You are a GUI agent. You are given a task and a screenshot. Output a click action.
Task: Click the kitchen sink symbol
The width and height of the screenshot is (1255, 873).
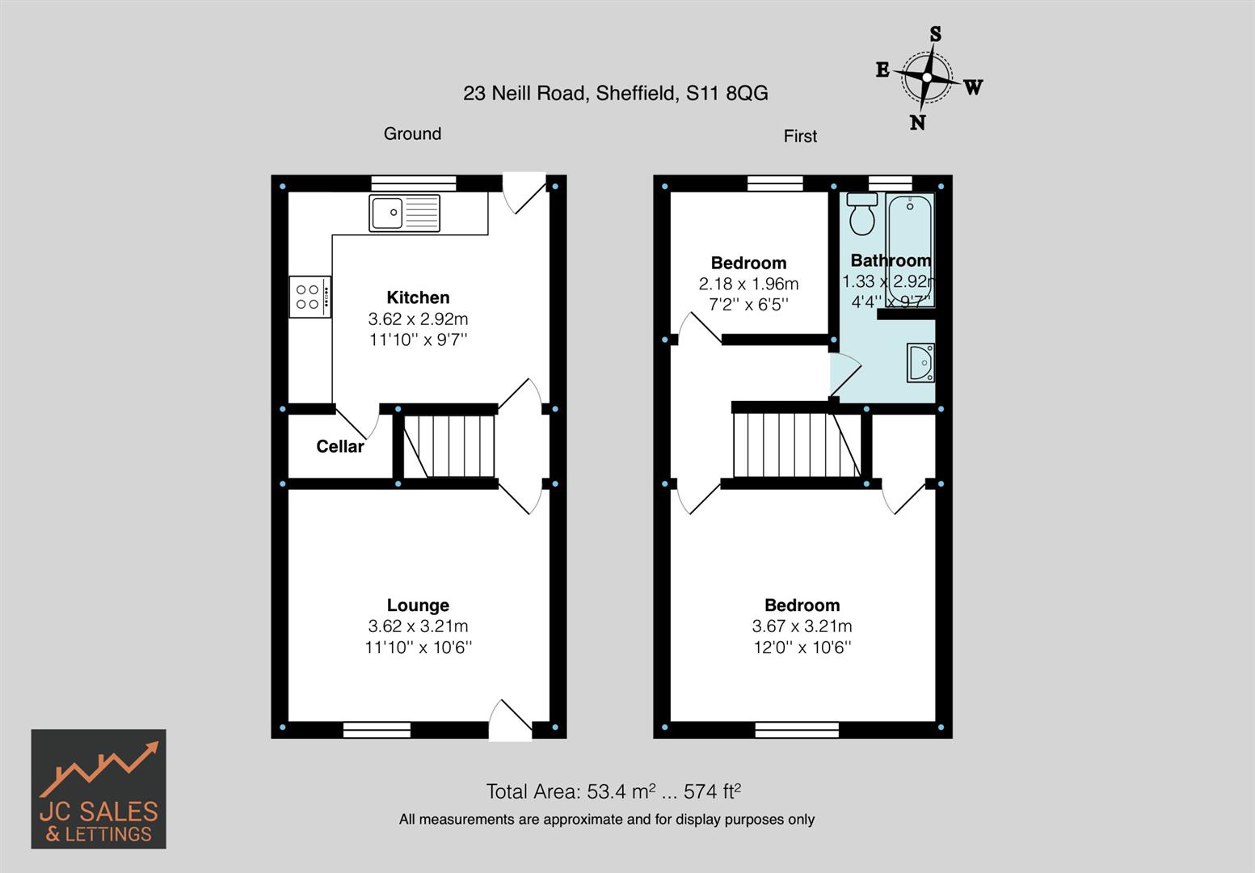(404, 213)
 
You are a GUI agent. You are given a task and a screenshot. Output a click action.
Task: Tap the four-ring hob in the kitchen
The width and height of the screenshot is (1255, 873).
(310, 297)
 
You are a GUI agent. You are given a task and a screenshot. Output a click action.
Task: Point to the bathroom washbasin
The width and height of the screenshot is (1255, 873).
(920, 362)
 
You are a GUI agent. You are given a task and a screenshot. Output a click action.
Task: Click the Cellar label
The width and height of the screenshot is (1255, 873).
(339, 446)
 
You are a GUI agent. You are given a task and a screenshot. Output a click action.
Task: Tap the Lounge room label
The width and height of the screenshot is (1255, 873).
(418, 605)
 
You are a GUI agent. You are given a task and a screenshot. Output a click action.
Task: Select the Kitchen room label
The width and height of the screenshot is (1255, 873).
(418, 297)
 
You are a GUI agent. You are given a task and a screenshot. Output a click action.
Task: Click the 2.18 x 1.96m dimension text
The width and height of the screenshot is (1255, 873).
(748, 284)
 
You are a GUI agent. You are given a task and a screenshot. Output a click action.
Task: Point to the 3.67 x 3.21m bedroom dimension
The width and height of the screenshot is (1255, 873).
(802, 626)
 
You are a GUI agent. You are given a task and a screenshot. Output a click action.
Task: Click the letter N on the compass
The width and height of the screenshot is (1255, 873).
(917, 123)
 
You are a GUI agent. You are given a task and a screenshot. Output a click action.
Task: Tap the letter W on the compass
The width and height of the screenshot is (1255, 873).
(973, 87)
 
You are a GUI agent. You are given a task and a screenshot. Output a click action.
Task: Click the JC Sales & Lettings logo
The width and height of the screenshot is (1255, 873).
(99, 789)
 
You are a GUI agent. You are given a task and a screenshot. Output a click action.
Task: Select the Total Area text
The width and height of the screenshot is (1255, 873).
(613, 791)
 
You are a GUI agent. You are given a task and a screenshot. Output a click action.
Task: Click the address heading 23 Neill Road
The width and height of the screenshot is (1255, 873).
(615, 94)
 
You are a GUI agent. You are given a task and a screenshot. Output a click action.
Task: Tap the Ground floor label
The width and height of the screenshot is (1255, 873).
(412, 134)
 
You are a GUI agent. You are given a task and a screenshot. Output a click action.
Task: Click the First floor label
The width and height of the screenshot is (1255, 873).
(800, 137)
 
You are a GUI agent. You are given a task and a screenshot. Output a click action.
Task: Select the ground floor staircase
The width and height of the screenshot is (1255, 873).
(449, 446)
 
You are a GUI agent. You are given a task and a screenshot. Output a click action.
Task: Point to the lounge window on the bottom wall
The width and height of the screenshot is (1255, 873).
(377, 730)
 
